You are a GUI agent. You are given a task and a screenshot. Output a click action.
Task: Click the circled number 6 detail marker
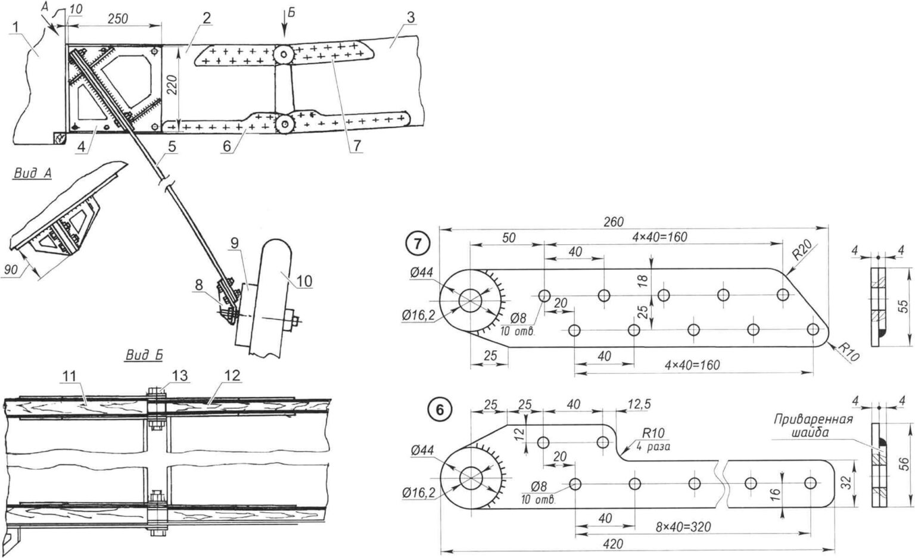439,410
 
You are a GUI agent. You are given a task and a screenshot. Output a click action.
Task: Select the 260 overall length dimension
613,222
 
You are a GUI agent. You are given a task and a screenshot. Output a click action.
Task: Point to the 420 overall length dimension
612,544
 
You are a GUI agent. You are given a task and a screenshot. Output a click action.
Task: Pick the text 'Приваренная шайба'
813,426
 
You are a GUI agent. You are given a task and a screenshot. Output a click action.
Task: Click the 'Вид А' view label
30,173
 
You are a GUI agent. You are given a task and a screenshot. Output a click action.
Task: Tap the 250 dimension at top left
117,18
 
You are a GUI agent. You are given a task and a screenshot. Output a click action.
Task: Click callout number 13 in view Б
179,375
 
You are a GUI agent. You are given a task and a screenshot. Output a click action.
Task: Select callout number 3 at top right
410,18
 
